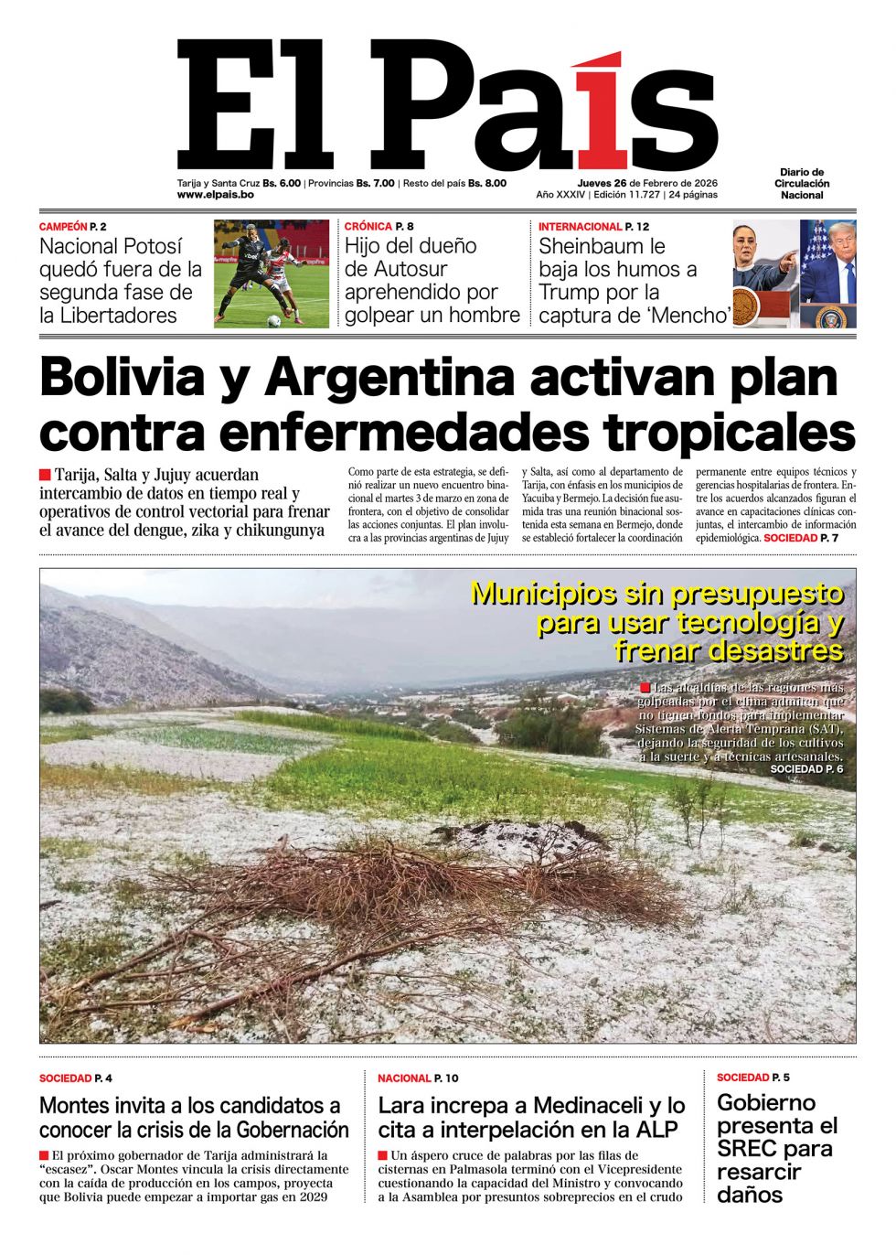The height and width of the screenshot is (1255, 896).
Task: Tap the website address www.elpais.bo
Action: click(x=215, y=195)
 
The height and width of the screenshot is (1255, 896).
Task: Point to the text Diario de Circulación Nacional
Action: click(x=802, y=183)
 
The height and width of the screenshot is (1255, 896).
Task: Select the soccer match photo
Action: click(x=272, y=274)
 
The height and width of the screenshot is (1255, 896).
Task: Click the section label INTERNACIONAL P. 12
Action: click(x=593, y=226)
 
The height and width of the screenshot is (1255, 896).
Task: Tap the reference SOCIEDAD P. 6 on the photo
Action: click(x=805, y=769)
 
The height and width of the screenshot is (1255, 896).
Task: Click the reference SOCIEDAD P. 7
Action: click(x=801, y=538)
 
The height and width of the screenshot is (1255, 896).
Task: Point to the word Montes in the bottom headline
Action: click(x=76, y=1106)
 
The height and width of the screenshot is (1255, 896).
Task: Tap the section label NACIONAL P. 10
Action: click(x=418, y=1078)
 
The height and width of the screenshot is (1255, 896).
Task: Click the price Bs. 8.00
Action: click(x=486, y=183)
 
